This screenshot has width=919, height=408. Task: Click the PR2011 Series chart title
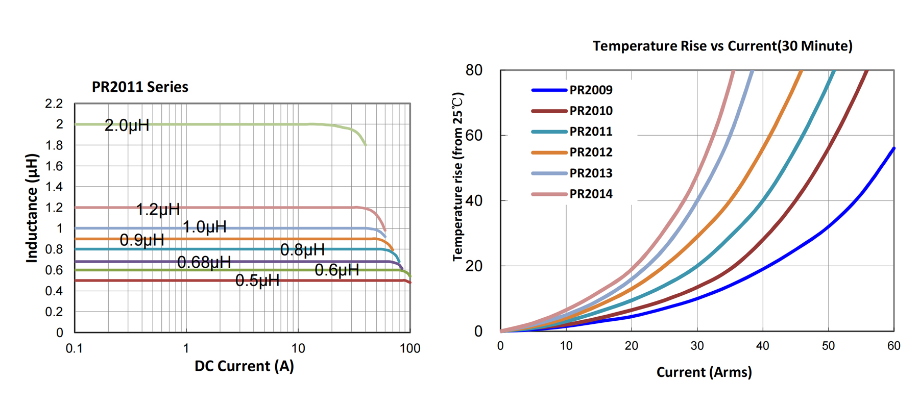140,87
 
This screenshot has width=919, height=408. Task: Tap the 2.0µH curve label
127,125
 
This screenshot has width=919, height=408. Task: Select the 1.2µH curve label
158,209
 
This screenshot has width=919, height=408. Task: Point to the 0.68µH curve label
204,262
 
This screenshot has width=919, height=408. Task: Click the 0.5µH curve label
257,280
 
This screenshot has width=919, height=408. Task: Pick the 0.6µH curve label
336,270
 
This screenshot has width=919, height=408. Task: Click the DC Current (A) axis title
244,366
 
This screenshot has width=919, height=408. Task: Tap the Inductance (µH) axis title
32,208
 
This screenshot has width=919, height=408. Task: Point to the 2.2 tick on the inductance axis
54,104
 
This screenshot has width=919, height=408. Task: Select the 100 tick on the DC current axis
410,348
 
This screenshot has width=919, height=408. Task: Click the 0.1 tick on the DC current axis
75,348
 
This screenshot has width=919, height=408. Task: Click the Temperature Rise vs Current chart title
722,46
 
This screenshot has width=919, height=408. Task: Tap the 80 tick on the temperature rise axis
474,70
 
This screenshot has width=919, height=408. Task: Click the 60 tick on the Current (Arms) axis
893,346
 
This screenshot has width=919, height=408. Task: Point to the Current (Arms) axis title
704,372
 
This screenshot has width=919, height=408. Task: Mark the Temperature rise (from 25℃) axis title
458,176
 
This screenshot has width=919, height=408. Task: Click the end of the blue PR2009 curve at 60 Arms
893,148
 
